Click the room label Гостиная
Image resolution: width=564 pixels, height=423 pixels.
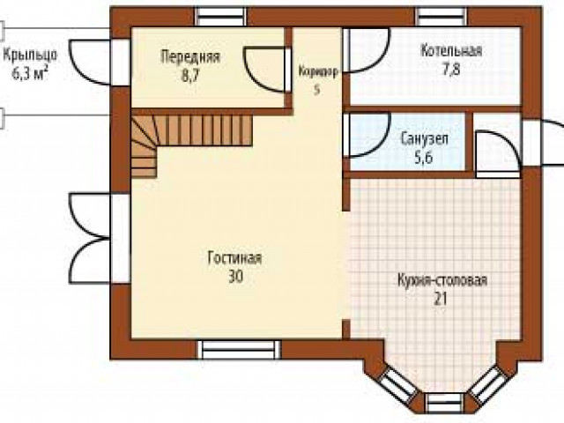coord(234,258)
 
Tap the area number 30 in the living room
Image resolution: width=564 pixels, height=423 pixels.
coord(236,277)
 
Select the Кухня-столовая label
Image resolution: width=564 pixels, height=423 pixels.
coord(442,280)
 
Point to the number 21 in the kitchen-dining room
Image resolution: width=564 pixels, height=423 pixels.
coord(441,299)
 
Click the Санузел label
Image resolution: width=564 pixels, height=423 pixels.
coord(425,138)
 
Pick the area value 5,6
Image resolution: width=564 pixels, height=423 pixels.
coord(424,158)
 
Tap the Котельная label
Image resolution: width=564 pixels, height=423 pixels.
coord(451,50)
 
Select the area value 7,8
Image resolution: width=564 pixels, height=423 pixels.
coord(451,69)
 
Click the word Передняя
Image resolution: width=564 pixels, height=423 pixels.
coord(190,56)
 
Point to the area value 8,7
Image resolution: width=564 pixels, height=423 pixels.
coord(190,76)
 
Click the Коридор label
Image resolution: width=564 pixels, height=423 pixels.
coord(318,71)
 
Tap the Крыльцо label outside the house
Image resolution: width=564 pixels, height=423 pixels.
coord(30,55)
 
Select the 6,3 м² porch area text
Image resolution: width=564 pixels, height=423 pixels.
coord(30,74)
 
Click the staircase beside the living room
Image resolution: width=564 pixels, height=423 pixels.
coord(180,137)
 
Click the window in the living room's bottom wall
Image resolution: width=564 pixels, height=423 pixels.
coord(239,349)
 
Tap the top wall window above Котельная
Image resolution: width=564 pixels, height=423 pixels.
coord(442,17)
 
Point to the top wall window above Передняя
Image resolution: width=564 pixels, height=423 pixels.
coord(221,17)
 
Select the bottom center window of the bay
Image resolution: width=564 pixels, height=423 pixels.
coord(445,403)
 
